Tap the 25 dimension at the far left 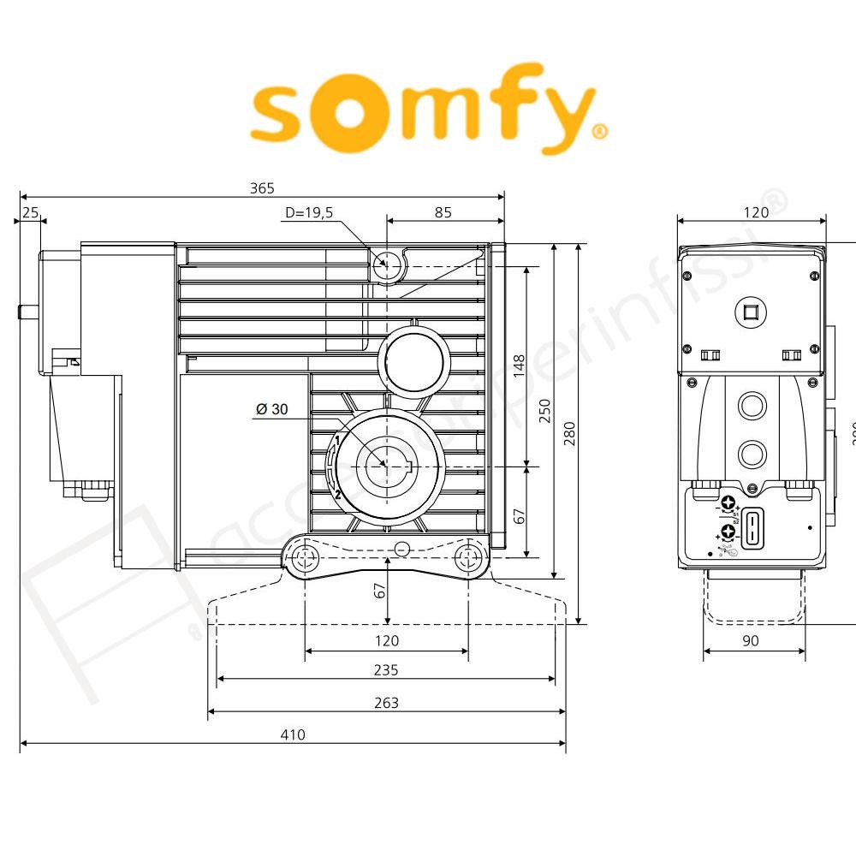coord(31,212)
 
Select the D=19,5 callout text coord(309,213)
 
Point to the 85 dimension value coord(443,213)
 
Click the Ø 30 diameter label coord(271,409)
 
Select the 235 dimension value coord(387,670)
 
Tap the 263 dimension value coord(387,703)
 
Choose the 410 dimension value coord(293,734)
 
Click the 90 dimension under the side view coord(751,640)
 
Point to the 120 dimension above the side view coord(755,213)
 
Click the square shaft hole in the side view coord(751,313)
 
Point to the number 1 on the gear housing coord(338,440)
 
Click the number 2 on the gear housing coord(338,494)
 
